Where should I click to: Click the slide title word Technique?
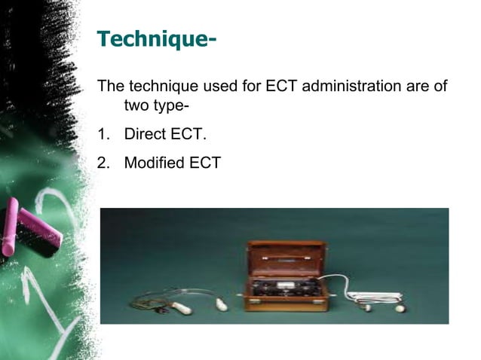point(148,38)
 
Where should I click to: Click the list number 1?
point(103,136)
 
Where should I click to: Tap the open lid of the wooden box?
point(287,260)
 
